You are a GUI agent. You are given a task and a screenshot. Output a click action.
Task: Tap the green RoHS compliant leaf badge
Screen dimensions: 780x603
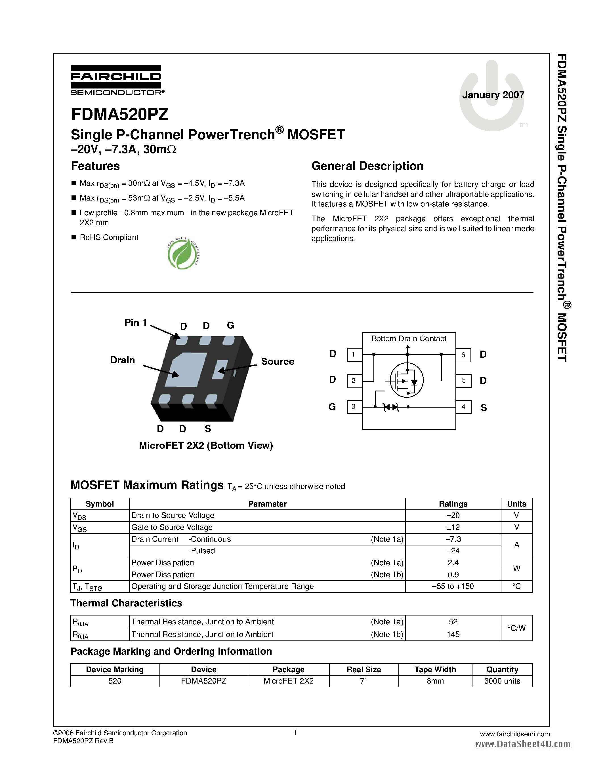pyautogui.click(x=183, y=253)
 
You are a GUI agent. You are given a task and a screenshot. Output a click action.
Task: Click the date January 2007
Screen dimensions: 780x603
pyautogui.click(x=493, y=95)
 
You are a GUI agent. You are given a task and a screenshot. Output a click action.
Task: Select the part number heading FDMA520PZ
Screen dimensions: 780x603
pyautogui.click(x=120, y=115)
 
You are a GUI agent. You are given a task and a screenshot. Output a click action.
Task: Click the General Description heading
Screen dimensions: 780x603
pyautogui.click(x=367, y=166)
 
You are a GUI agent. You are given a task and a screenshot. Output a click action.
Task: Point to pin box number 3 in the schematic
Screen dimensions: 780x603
pyautogui.click(x=354, y=407)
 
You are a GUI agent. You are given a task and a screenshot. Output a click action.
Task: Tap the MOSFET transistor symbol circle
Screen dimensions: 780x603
pyautogui.click(x=407, y=380)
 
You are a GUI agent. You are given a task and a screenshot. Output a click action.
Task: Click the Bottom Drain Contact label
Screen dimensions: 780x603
pyautogui.click(x=409, y=339)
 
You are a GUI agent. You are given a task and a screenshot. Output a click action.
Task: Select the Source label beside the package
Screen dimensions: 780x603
pyautogui.click(x=278, y=361)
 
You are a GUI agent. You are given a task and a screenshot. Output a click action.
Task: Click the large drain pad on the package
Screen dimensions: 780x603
pyautogui.click(x=186, y=370)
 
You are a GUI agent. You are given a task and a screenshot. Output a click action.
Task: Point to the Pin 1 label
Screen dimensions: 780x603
pyautogui.click(x=135, y=322)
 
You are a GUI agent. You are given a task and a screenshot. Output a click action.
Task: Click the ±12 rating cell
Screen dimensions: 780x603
pyautogui.click(x=453, y=527)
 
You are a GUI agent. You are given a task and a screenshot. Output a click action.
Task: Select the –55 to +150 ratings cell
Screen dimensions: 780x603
pyautogui.click(x=453, y=587)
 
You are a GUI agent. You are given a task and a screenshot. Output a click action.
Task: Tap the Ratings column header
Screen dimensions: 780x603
pyautogui.click(x=453, y=504)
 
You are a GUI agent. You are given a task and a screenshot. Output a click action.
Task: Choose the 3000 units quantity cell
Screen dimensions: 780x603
pyautogui.click(x=502, y=681)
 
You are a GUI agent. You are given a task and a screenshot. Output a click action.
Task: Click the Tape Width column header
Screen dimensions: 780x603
pyautogui.click(x=435, y=670)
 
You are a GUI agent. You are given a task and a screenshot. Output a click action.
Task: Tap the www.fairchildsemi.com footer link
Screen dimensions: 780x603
pyautogui.click(x=515, y=734)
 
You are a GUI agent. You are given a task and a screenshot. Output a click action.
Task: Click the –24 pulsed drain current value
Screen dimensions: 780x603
pyautogui.click(x=453, y=551)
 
